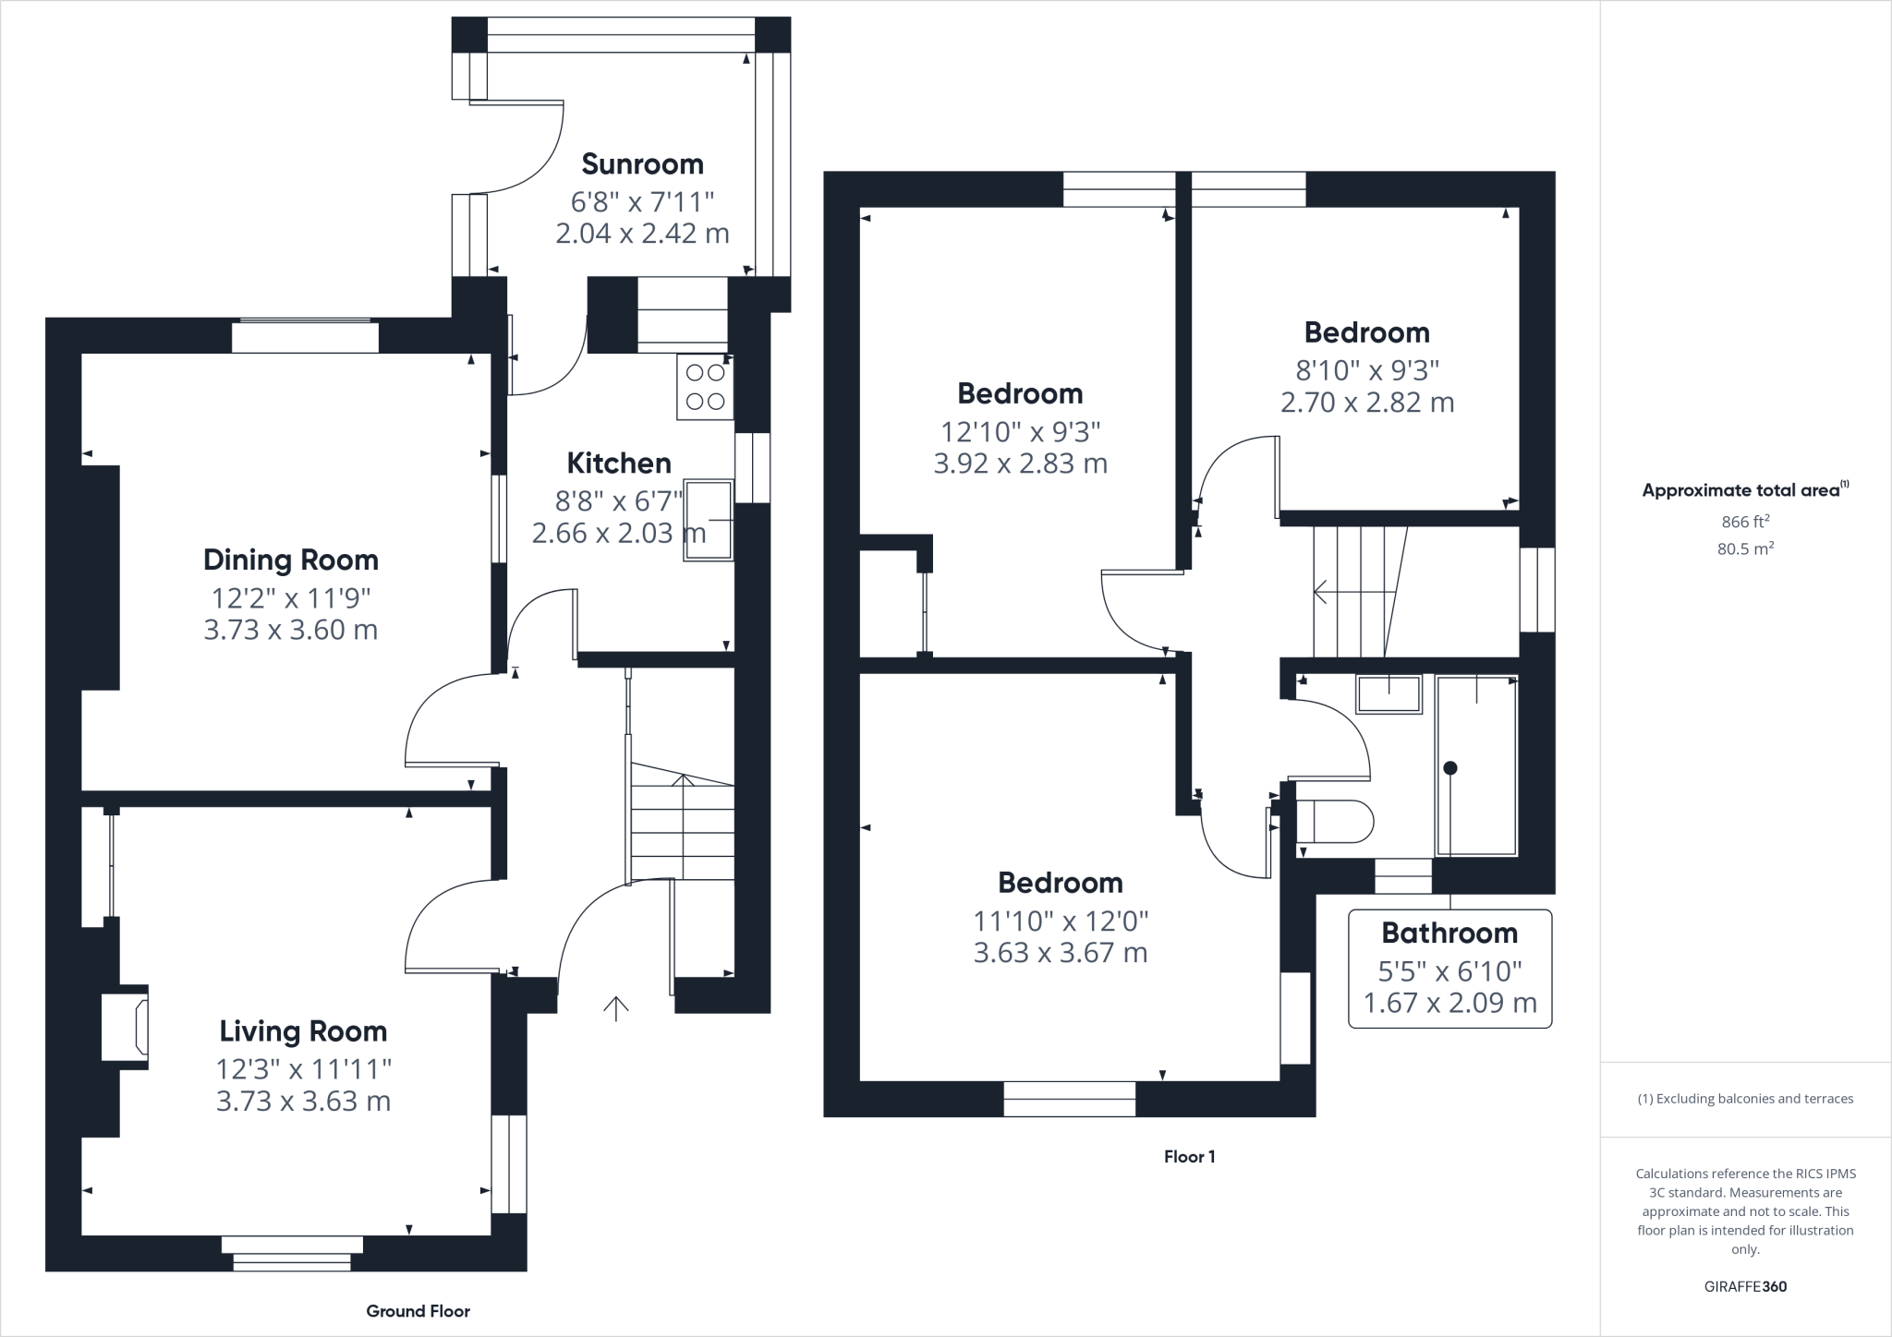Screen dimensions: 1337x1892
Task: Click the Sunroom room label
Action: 642,164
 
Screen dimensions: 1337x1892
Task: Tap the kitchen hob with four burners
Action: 705,387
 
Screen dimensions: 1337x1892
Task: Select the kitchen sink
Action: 708,520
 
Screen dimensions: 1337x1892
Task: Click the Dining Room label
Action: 290,560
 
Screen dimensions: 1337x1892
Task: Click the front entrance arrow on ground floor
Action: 615,1008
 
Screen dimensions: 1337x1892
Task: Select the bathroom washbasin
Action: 1389,694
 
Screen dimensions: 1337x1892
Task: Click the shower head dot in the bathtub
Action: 1449,767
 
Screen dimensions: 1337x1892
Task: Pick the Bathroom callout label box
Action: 1449,968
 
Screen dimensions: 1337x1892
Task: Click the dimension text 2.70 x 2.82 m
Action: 1366,403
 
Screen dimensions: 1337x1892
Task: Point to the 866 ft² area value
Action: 1745,522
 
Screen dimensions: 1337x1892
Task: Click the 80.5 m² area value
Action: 1745,548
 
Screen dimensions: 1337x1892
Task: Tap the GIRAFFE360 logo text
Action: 1745,1286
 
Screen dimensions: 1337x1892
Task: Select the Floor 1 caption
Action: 1189,1156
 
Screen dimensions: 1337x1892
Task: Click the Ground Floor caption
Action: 418,1311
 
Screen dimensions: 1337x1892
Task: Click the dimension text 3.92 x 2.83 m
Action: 1020,464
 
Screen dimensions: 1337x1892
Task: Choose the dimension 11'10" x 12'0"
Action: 1060,921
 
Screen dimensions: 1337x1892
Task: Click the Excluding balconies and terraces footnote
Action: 1745,1099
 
